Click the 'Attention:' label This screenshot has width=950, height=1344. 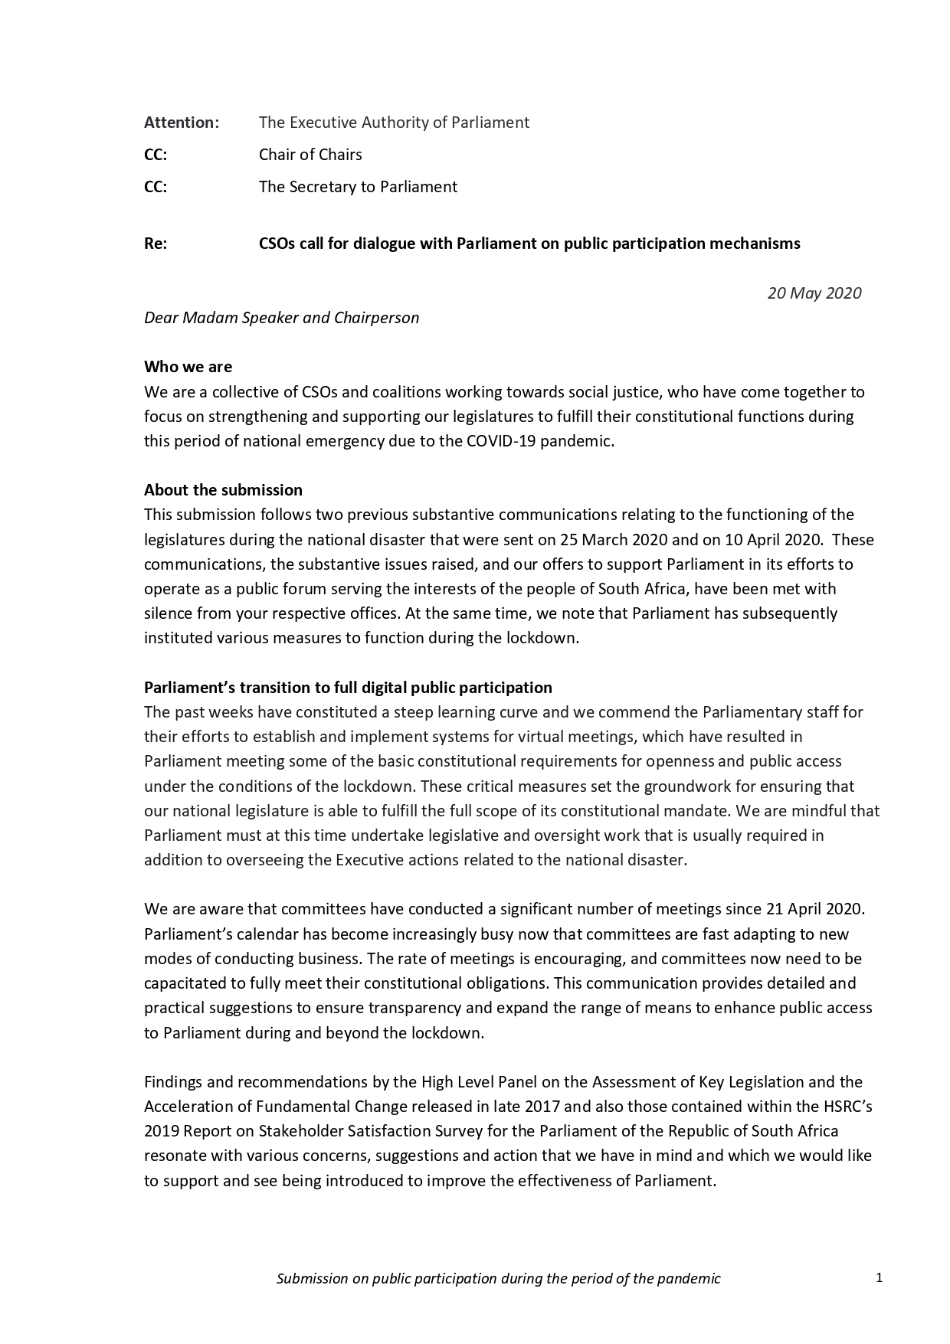tap(182, 123)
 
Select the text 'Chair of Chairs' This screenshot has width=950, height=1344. tap(310, 155)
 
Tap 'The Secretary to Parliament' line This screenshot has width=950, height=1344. tap(358, 187)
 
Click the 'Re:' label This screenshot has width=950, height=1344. tap(156, 244)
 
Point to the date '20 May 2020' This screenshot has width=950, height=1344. tap(814, 293)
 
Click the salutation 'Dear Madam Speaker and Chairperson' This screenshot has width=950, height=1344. tap(281, 318)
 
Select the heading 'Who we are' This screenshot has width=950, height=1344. tap(188, 367)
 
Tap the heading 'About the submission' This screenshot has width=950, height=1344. tap(223, 490)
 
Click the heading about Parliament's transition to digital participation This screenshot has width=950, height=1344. tap(348, 688)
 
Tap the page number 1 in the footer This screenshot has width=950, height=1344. tap(880, 1277)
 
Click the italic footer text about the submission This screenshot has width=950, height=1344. tap(498, 1278)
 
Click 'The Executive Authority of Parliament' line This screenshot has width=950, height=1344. tap(394, 123)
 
